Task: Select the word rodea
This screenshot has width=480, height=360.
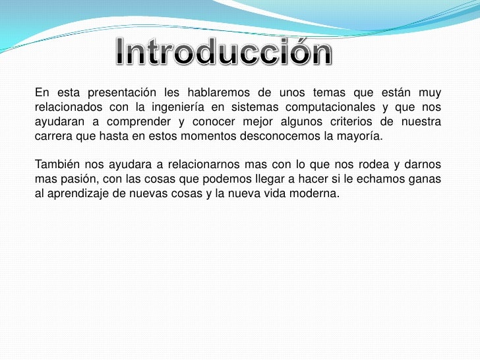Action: pyautogui.click(x=354, y=164)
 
